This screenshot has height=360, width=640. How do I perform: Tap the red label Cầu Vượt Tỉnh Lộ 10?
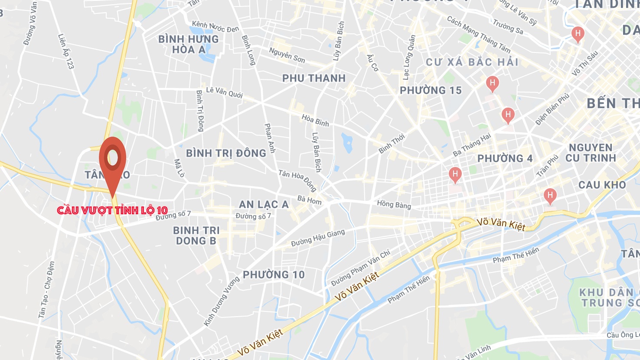pos(112,210)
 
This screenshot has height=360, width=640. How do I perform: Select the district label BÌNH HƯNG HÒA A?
pos(189,44)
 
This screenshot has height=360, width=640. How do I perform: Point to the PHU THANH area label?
pos(314,79)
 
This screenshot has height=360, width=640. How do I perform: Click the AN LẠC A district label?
pos(264,204)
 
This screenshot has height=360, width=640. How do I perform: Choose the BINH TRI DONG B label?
pos(196,236)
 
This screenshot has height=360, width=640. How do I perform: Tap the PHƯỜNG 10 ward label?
pos(274,275)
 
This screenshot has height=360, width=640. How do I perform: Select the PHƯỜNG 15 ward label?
pos(431,91)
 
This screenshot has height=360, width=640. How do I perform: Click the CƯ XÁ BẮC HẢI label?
pos(472,62)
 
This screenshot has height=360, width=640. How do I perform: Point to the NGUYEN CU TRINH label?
pos(591,153)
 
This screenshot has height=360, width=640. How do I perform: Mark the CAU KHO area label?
pos(602,185)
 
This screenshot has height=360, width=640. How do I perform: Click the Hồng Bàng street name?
pos(394,204)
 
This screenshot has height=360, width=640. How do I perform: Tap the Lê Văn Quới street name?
pos(224,92)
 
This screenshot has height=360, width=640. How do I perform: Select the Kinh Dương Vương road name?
pos(222,301)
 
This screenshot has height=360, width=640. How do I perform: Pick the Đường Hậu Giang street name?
pos(318,238)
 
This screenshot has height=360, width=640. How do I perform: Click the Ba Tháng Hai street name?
pos(472,144)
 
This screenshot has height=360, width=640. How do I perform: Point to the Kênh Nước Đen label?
pos(216,27)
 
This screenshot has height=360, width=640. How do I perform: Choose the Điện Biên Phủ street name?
pos(552,110)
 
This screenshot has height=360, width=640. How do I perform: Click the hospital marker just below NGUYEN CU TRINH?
pos(550,196)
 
